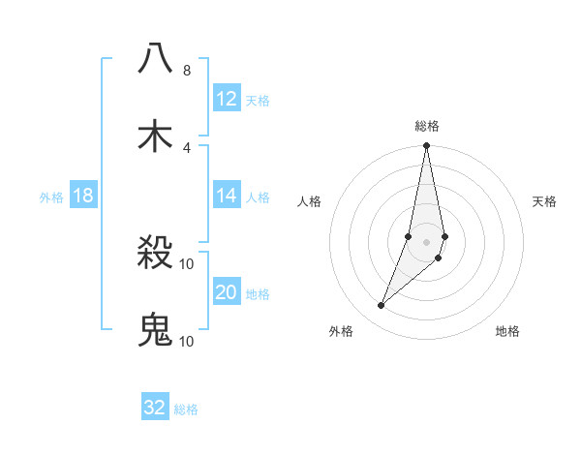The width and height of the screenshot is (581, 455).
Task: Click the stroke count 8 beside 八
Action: pyautogui.click(x=186, y=71)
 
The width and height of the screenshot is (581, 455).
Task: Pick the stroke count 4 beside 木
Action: pyautogui.click(x=186, y=147)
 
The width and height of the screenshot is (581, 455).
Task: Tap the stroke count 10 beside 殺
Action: pyautogui.click(x=187, y=264)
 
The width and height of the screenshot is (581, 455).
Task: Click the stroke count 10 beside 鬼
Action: pyautogui.click(x=187, y=341)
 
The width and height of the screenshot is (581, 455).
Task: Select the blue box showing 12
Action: pyautogui.click(x=227, y=99)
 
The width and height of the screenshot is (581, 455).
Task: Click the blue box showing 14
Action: pyautogui.click(x=227, y=196)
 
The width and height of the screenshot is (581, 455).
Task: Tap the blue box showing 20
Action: pyautogui.click(x=227, y=292)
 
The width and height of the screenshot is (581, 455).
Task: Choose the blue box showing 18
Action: pyautogui.click(x=83, y=196)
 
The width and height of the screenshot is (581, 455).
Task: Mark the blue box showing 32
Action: pyautogui.click(x=155, y=408)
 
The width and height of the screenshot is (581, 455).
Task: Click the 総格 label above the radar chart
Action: pyautogui.click(x=426, y=126)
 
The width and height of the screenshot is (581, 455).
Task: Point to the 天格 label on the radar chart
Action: pyautogui.click(x=544, y=201)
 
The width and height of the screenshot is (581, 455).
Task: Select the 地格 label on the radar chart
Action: pyautogui.click(x=507, y=331)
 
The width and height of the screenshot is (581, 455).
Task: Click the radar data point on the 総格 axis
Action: pyautogui.click(x=426, y=146)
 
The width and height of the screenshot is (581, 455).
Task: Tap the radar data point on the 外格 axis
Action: pyautogui.click(x=382, y=306)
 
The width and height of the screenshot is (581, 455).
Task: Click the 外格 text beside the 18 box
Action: pyautogui.click(x=51, y=197)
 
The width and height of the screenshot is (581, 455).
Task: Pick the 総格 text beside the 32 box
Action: pyautogui.click(x=186, y=409)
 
